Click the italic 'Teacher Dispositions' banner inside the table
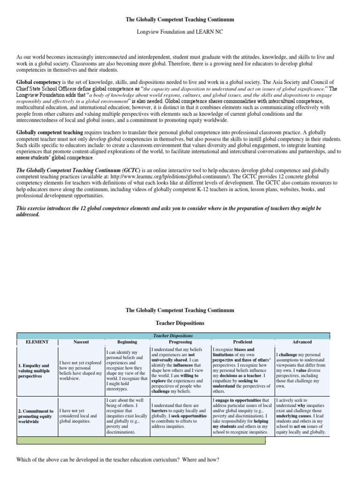173,336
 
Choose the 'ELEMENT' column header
37,342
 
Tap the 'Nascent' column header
81,342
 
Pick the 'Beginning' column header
127,342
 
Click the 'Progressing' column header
180,342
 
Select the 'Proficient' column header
242,342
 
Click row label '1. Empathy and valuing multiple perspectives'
37,370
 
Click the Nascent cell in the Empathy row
81,370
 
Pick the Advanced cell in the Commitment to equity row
301,417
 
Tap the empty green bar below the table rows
141,441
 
